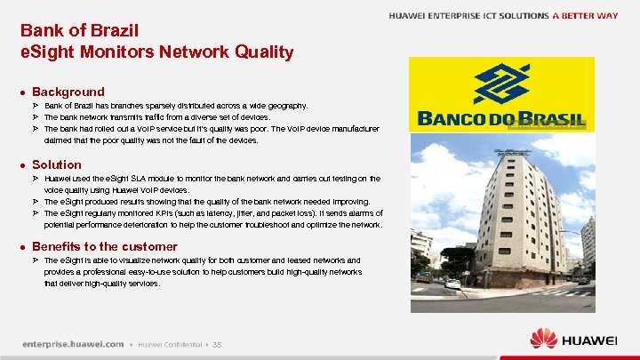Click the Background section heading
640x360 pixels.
(x=68, y=92)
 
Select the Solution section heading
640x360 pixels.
(x=56, y=164)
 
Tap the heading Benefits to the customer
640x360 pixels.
(x=104, y=246)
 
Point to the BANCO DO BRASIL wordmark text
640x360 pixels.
(x=501, y=119)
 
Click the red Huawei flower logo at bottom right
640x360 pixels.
(x=543, y=339)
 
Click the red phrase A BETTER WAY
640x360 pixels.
(x=585, y=16)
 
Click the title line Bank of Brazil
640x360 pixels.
(x=79, y=30)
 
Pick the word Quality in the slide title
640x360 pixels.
(x=260, y=52)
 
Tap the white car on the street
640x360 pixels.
(x=453, y=284)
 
